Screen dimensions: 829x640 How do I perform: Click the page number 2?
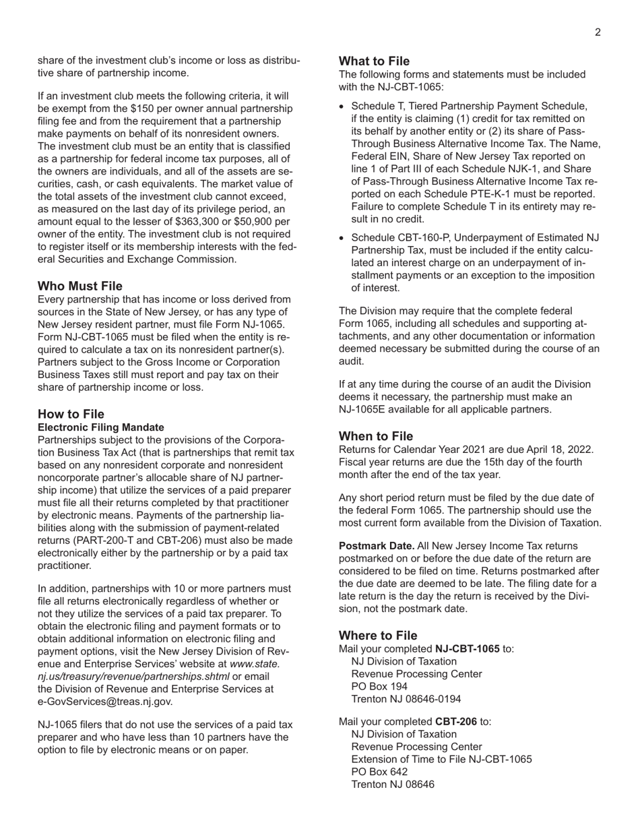click(598, 32)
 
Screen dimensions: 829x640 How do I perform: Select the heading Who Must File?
click(80, 286)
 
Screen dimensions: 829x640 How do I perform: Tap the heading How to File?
click(71, 414)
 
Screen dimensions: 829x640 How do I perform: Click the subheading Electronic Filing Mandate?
click(101, 427)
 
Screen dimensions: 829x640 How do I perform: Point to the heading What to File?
click(374, 61)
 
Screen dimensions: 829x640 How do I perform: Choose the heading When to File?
click(376, 436)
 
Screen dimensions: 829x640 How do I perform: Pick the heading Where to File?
click(378, 636)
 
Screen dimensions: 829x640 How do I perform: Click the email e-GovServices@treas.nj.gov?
click(105, 701)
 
